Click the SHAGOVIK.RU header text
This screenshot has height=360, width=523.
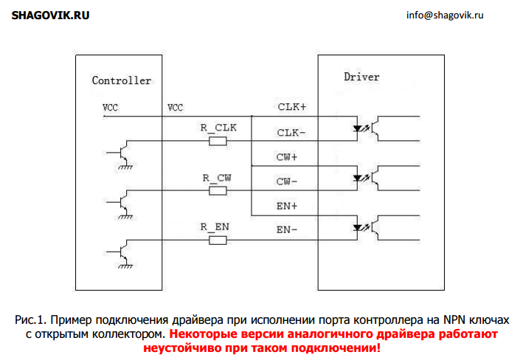pos(50,15)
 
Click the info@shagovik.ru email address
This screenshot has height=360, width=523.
pos(445,15)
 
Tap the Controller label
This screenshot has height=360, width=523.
pos(122,80)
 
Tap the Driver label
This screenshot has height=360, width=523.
pos(361,77)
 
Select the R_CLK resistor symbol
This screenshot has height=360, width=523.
pos(218,141)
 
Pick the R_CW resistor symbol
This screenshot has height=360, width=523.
pos(218,191)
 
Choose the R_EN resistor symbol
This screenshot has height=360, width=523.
pos(218,240)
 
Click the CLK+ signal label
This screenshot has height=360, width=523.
pos(292,107)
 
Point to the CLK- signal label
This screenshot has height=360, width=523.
pos(291,133)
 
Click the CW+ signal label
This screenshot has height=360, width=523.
pos(286,157)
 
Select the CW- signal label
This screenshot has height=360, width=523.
pos(286,181)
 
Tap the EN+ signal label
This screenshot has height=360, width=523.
pos(286,207)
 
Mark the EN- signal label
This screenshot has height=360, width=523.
pos(286,230)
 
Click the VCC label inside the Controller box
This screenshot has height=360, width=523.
pos(110,108)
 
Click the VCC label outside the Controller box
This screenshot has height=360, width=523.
pos(175,108)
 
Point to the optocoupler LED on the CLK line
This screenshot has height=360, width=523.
pos(358,128)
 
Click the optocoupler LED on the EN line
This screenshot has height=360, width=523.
pos(358,228)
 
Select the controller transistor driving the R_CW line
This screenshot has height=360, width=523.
pos(121,202)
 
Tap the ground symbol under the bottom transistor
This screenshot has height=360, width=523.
pos(125,266)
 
